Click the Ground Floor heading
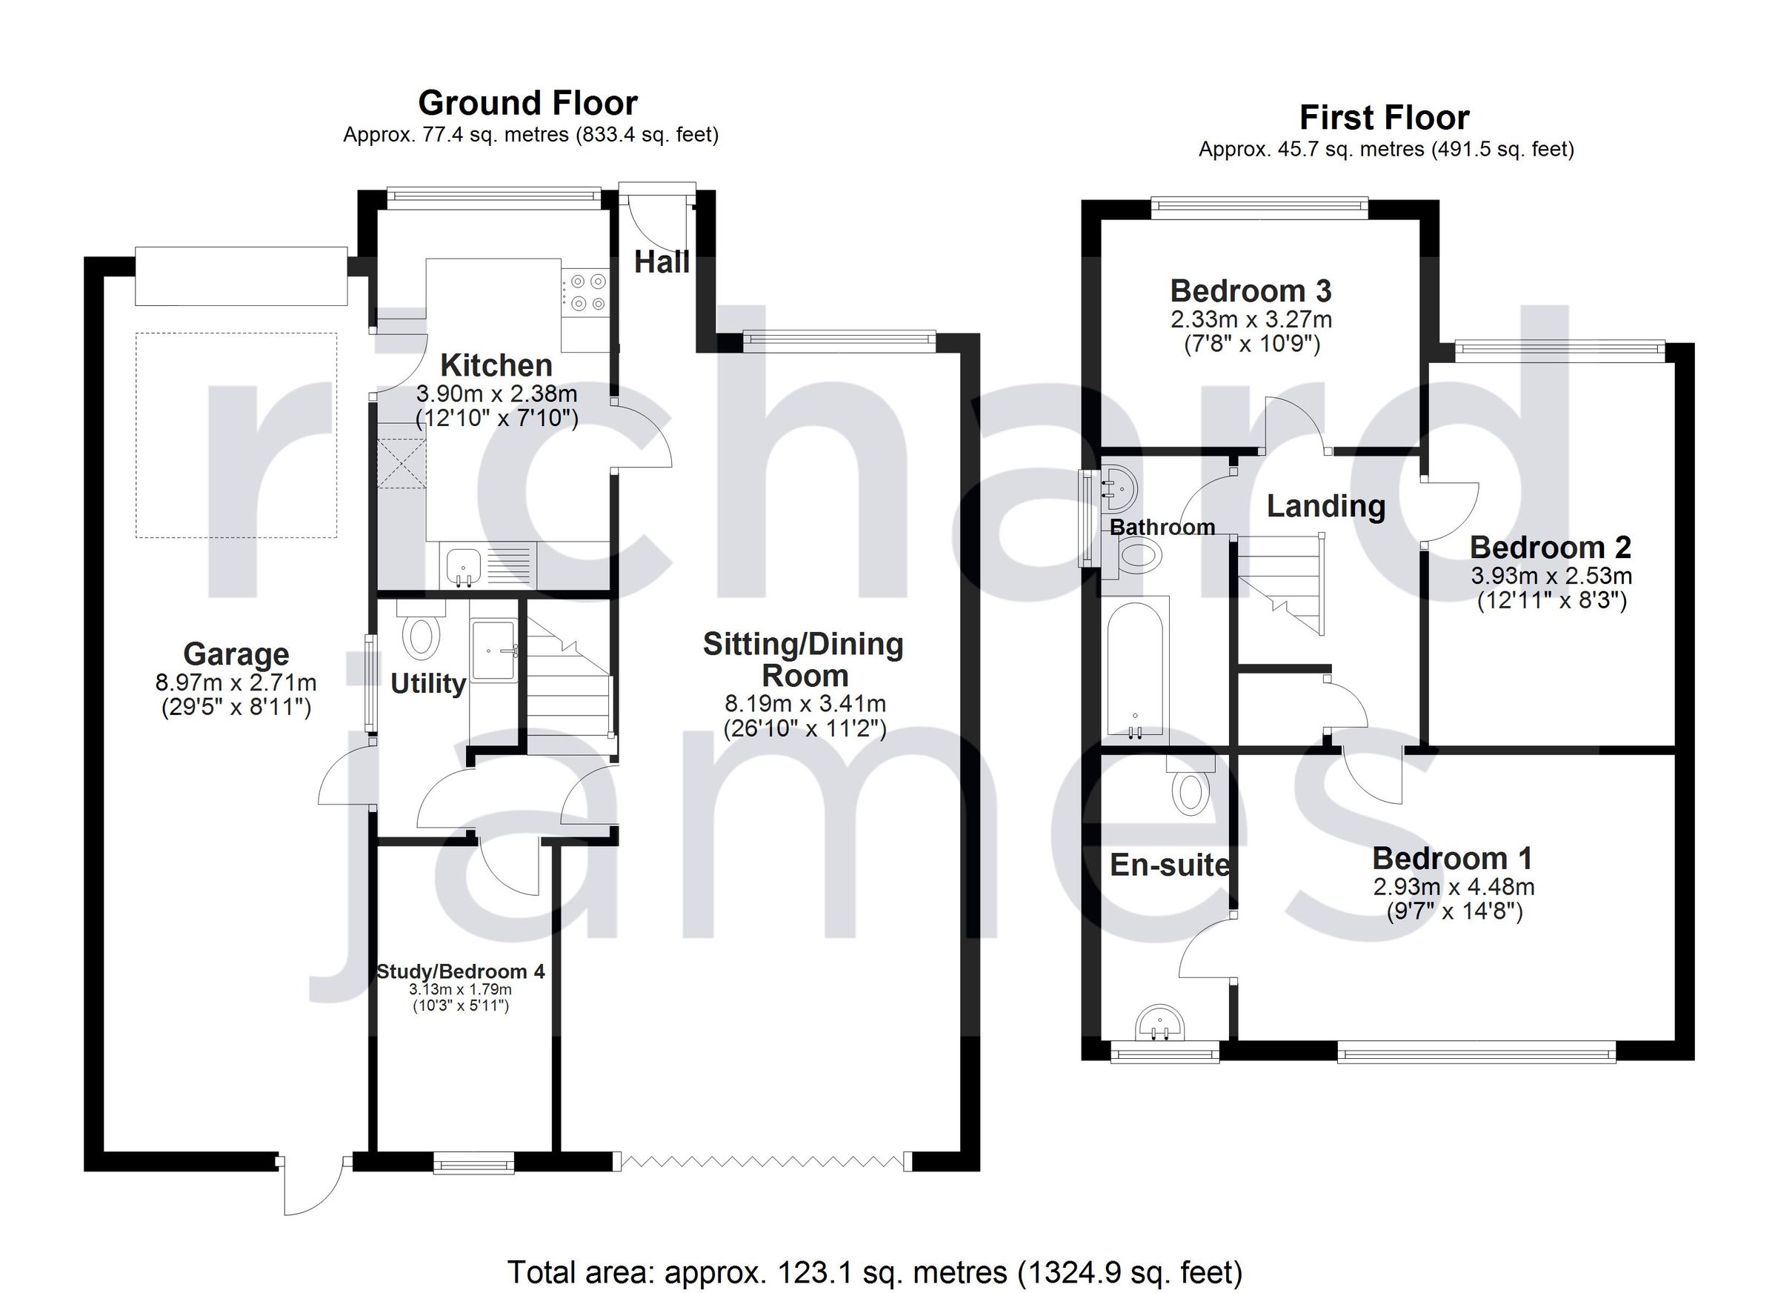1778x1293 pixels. [527, 104]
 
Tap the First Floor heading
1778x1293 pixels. [1384, 119]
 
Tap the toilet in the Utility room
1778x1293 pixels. [421, 636]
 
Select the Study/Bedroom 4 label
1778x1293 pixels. [460, 971]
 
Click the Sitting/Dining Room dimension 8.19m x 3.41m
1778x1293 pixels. [805, 703]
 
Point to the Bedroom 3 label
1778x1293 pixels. [1251, 292]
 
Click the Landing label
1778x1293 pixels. [1325, 507]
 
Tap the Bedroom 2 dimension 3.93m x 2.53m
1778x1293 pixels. [1551, 576]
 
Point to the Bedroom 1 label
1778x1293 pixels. [1452, 860]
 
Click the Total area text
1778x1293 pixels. [875, 1272]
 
